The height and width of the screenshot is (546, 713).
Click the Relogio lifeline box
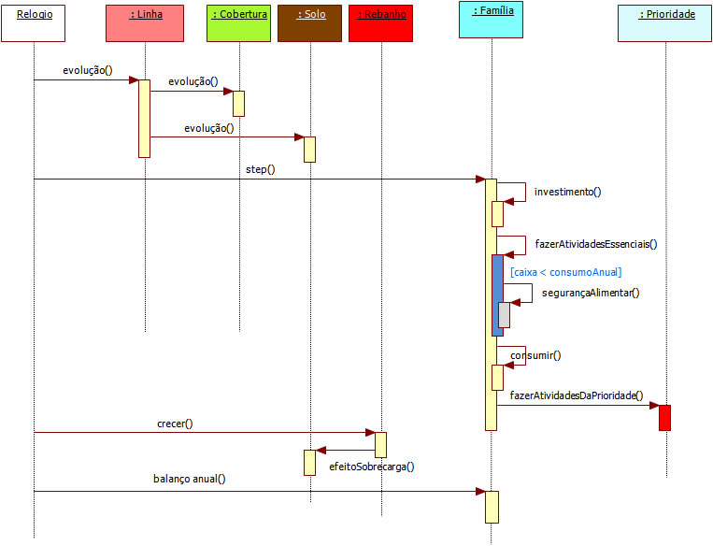coord(34,22)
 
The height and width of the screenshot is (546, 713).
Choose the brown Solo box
coord(309,22)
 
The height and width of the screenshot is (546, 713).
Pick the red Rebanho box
coord(380,22)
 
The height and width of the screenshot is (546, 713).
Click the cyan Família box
coord(491,21)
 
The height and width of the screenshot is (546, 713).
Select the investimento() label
coord(567,192)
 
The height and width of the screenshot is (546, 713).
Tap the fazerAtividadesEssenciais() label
coord(596,244)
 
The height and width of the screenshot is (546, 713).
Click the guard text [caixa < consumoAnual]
coord(566,272)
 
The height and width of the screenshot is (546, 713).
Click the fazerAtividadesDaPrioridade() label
coord(577,395)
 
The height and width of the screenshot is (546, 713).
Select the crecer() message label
coord(175,424)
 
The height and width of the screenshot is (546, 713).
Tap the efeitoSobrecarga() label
coord(371,466)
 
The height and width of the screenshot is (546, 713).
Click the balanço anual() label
coord(190,478)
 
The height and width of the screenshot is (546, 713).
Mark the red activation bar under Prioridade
coord(664,417)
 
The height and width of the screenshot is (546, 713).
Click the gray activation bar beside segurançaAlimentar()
coord(504,315)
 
